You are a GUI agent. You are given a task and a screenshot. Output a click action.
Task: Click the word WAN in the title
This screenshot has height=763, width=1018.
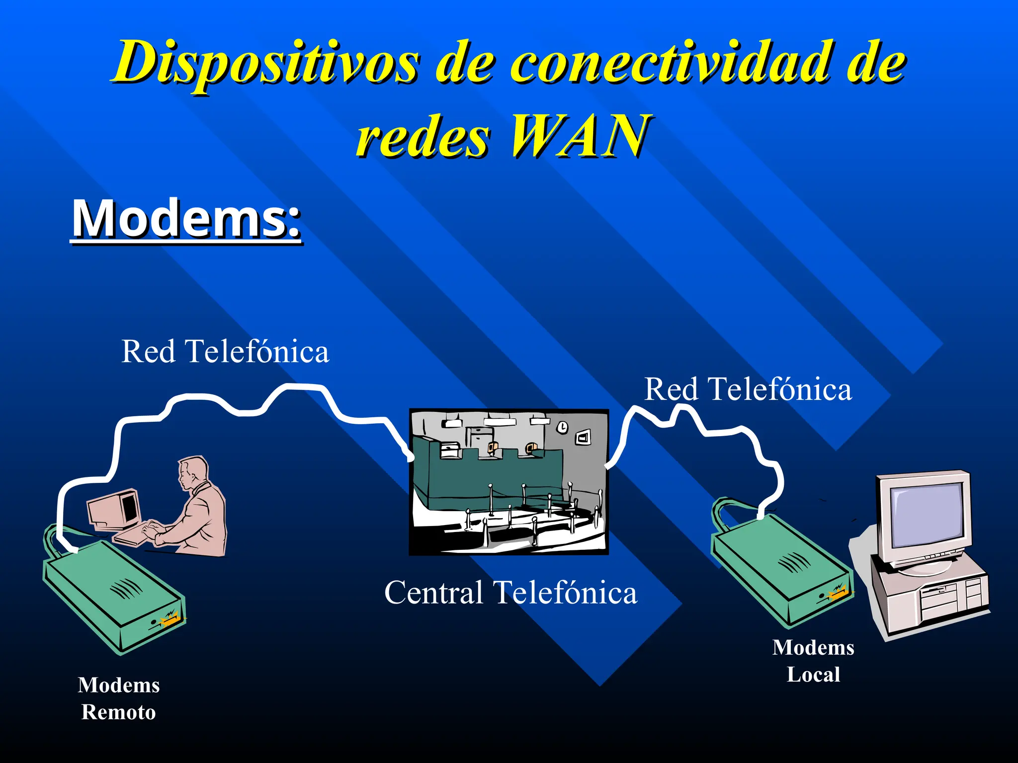click(579, 135)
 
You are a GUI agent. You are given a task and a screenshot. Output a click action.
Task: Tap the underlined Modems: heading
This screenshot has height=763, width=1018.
click(186, 219)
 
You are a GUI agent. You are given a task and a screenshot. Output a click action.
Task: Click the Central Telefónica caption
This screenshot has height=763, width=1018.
click(510, 592)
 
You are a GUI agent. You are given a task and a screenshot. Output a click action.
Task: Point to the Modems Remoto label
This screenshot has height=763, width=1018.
click(119, 698)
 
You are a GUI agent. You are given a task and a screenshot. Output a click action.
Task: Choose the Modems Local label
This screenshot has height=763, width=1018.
click(813, 661)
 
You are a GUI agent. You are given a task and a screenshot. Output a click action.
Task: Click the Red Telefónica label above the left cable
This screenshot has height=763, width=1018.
click(225, 352)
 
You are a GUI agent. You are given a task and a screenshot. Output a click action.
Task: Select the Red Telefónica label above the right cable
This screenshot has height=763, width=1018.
click(748, 389)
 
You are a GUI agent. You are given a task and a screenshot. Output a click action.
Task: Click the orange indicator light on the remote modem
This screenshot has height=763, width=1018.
click(169, 619)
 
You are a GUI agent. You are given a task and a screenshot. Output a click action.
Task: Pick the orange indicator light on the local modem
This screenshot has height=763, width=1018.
click(838, 592)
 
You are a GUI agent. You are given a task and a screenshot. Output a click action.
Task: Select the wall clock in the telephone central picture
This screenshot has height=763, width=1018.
click(562, 427)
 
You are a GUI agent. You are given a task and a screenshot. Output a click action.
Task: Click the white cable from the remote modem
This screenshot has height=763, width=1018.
click(114, 447)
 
